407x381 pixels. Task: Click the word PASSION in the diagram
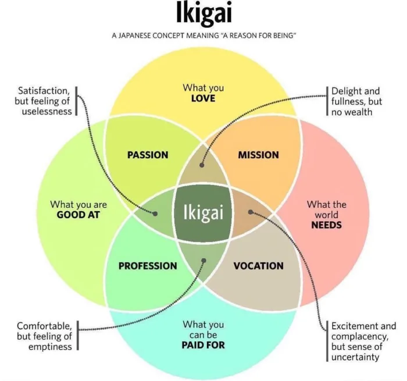147,155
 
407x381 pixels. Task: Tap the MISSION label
258,155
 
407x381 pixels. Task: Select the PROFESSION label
148,266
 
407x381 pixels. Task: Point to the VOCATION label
258,266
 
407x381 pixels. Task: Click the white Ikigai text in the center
203,213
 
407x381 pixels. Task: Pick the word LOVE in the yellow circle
203,98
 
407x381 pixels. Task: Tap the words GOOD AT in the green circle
78,214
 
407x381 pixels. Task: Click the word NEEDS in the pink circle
326,225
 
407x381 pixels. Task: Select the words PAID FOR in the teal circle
203,345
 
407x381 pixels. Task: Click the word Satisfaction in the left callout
44,91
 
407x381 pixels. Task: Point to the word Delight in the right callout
347,91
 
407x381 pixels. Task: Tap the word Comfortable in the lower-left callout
44,326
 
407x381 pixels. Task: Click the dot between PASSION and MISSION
202,165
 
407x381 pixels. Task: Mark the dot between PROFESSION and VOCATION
203,261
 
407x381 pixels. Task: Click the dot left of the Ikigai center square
155,213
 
